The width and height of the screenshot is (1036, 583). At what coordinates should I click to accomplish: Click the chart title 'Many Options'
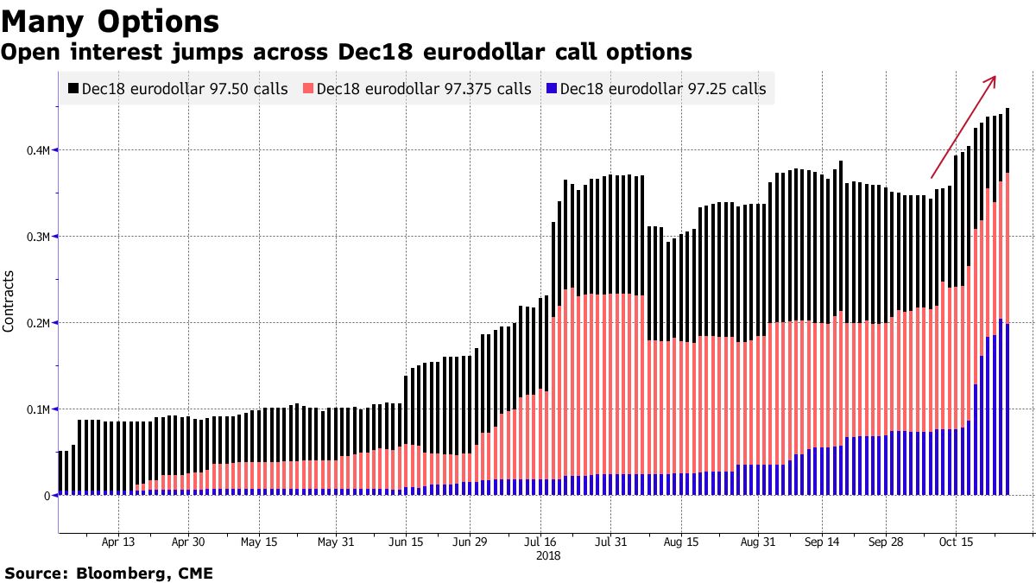(x=109, y=20)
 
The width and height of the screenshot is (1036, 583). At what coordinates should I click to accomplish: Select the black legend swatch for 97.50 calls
(x=73, y=89)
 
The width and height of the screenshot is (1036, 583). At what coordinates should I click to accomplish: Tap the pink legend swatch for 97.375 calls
(x=308, y=89)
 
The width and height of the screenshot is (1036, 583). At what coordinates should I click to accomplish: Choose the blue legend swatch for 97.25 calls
(x=551, y=89)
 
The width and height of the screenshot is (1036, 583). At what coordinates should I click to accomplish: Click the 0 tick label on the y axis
(x=47, y=496)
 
